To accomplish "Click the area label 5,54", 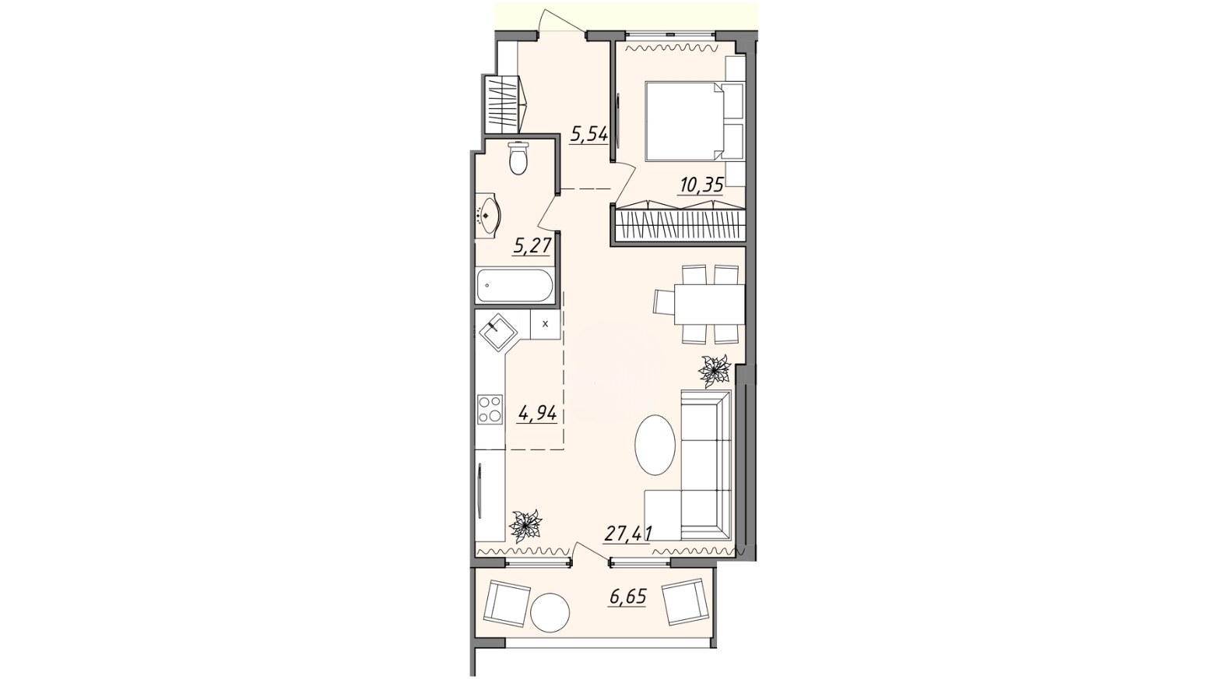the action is (x=589, y=134).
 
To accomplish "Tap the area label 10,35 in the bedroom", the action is (x=701, y=185).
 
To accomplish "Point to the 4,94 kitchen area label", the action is (x=154, y=414).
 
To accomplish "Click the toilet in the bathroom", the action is (x=518, y=157).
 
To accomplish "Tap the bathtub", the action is (x=515, y=285).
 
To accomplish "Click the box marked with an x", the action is (x=545, y=323).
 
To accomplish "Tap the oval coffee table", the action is (x=655, y=444).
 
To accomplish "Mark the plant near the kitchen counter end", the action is (x=525, y=526).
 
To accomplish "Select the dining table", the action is (x=709, y=305).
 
